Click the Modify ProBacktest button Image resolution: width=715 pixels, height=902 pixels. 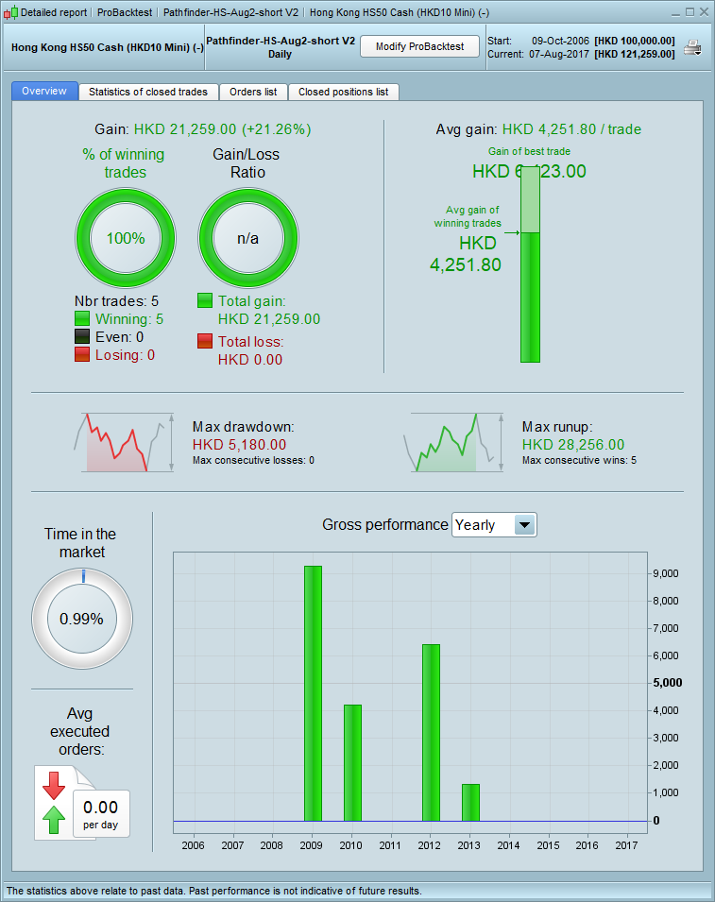click(419, 47)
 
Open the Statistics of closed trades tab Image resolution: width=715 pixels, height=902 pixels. click(148, 92)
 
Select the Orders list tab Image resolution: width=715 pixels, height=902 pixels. click(253, 92)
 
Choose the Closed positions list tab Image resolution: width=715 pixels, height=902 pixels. click(343, 92)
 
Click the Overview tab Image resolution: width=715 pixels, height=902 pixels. click(44, 92)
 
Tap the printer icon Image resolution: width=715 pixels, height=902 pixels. click(692, 48)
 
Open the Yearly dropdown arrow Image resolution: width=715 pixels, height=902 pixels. click(525, 525)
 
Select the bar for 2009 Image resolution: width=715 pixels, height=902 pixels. click(313, 693)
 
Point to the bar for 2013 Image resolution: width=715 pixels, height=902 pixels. click(470, 803)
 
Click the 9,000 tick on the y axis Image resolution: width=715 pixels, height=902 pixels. click(667, 573)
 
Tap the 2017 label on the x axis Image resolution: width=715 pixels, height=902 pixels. click(626, 845)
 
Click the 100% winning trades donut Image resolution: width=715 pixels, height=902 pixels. click(126, 238)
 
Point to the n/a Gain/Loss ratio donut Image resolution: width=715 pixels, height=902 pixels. click(247, 238)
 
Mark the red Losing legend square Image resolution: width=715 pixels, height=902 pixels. click(82, 355)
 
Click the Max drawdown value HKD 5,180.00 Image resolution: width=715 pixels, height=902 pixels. click(239, 444)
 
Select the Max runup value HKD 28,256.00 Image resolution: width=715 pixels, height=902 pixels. click(573, 444)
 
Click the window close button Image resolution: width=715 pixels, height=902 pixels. click(703, 12)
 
